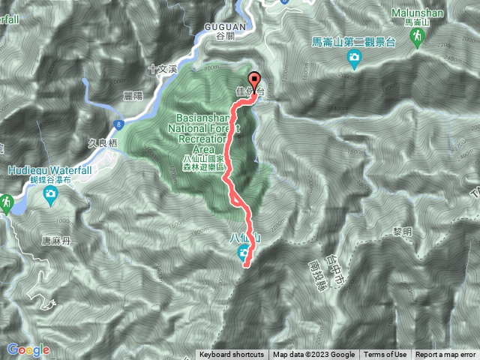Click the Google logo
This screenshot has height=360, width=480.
tap(28, 349)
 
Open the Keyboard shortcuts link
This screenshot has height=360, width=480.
tap(232, 355)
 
